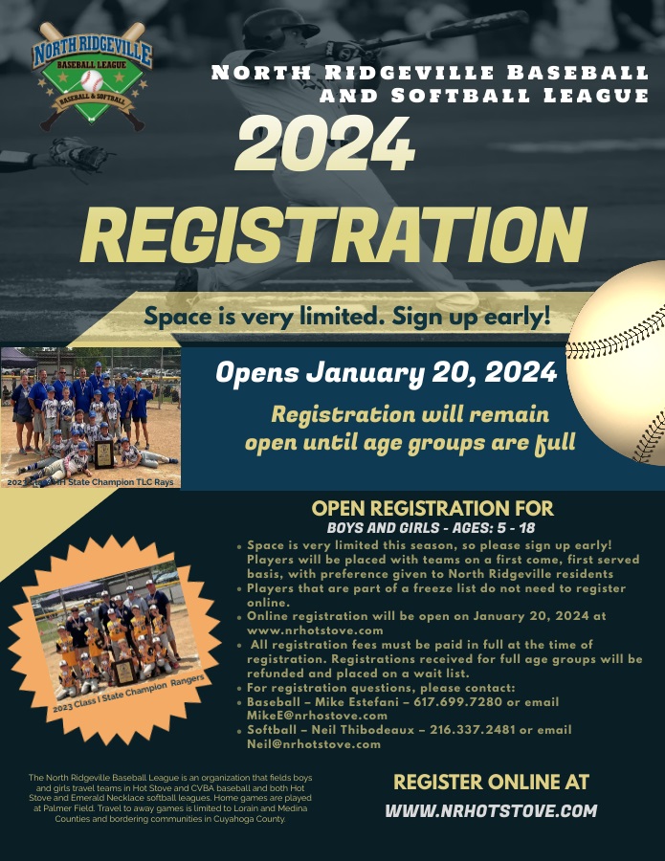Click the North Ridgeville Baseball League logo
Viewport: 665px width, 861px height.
pos(89,77)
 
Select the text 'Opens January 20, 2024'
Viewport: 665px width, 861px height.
pos(386,372)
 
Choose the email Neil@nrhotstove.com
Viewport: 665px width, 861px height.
pos(313,743)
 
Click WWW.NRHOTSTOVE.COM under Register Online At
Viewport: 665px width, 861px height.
pos(491,810)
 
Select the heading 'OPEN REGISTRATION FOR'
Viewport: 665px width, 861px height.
pos(432,509)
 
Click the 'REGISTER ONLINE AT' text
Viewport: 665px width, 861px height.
pos(491,783)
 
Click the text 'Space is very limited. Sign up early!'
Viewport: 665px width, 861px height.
pos(346,316)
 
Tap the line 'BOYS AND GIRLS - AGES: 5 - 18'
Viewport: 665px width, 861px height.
pos(432,527)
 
